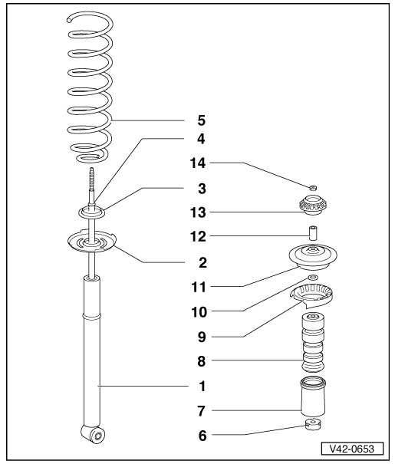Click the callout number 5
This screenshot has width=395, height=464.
coord(201,120)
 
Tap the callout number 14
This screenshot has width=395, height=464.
coord(198,163)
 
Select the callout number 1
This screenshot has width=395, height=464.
coord(202,387)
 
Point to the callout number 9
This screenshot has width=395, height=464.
coord(202,337)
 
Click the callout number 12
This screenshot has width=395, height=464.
coord(198,237)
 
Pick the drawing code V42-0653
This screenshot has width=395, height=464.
coord(352,449)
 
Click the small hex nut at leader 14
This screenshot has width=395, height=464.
coord(313,187)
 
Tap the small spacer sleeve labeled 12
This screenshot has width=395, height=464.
coord(313,234)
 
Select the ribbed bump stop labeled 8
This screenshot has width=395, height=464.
coord(313,343)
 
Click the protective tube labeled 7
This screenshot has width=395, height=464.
coord(313,397)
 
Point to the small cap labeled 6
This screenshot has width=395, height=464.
coord(313,425)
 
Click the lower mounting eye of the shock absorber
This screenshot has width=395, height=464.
coord(94,434)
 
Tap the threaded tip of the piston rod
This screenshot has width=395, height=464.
coord(92,169)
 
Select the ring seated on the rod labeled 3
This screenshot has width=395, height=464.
coord(92,213)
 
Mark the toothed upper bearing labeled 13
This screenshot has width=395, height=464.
coord(313,205)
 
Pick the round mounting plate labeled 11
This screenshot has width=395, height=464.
coord(313,258)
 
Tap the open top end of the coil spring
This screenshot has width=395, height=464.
coord(69,20)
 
